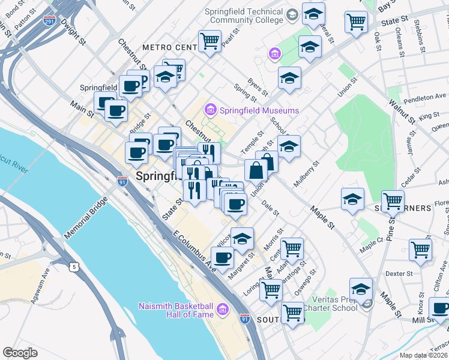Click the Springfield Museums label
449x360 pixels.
pyautogui.click(x=259, y=111)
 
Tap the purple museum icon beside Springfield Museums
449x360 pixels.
pyautogui.click(x=210, y=110)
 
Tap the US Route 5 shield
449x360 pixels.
pyautogui.click(x=74, y=265)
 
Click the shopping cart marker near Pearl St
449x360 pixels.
pyautogui.click(x=209, y=41)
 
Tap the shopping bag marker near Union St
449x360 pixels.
pyautogui.click(x=256, y=170)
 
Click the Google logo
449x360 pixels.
pyautogui.click(x=20, y=353)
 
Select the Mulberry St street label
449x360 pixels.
pyautogui.click(x=306, y=172)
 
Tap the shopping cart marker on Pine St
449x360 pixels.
pyautogui.click(x=393, y=201)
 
